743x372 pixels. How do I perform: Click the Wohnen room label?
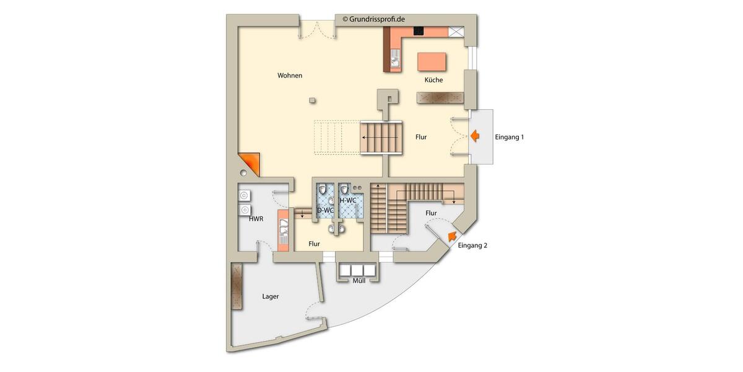(290, 76)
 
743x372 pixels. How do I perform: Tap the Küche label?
(433, 80)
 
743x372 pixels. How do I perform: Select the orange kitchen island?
(432, 62)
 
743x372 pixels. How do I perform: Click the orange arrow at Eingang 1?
(475, 136)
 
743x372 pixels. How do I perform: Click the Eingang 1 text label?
(509, 136)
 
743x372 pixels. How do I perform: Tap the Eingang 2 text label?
(472, 246)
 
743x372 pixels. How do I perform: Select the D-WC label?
(325, 210)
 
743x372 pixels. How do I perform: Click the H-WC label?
(348, 200)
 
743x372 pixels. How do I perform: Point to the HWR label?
(256, 219)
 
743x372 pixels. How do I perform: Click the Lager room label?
(271, 296)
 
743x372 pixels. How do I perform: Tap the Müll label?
(358, 281)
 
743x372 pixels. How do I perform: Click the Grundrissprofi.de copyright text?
(374, 19)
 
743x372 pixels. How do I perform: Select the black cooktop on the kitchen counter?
(418, 30)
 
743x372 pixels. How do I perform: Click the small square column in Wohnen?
(313, 100)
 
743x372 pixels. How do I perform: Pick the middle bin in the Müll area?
(358, 270)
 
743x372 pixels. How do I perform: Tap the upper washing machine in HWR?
(244, 195)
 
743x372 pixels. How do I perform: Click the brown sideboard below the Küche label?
(440, 98)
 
